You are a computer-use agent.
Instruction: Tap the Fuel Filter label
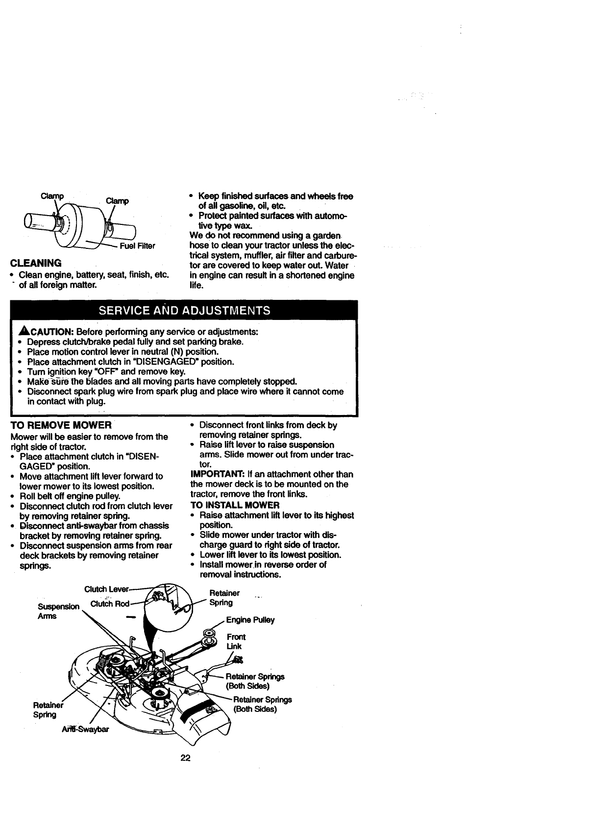[138, 246]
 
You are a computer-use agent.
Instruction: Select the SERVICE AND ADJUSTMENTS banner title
[184, 310]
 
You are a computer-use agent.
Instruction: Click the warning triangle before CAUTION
[21, 332]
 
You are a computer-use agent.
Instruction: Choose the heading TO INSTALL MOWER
[235, 505]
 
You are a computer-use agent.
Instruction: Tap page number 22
[185, 758]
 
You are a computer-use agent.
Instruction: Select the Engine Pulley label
[250, 620]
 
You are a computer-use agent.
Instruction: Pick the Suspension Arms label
[58, 611]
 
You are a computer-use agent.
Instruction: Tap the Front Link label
[236, 641]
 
